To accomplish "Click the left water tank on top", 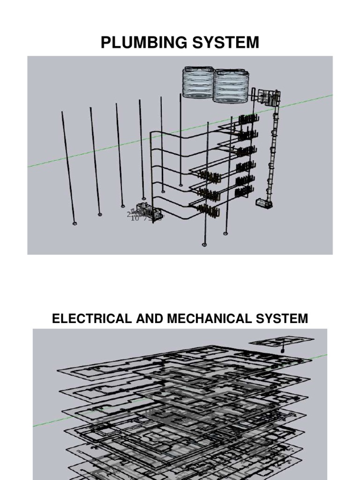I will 198,83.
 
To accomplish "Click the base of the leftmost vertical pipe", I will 75,224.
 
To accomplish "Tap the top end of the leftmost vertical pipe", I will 62,112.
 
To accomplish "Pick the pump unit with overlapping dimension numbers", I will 146,213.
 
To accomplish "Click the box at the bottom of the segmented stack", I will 264,202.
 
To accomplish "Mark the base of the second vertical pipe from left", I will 99,214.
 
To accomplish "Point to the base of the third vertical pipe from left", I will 123,206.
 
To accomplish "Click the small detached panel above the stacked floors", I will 281,341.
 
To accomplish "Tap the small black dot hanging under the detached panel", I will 283,351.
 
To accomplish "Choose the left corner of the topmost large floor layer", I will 59,370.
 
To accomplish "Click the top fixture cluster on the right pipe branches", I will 248,120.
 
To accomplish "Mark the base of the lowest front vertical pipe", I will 204,244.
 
